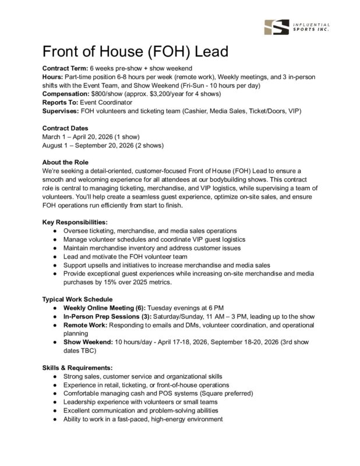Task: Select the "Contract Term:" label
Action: click(x=66, y=69)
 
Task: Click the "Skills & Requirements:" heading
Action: click(x=78, y=368)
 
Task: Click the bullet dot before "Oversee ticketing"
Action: click(x=54, y=231)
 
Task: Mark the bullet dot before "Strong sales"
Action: click(x=54, y=376)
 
